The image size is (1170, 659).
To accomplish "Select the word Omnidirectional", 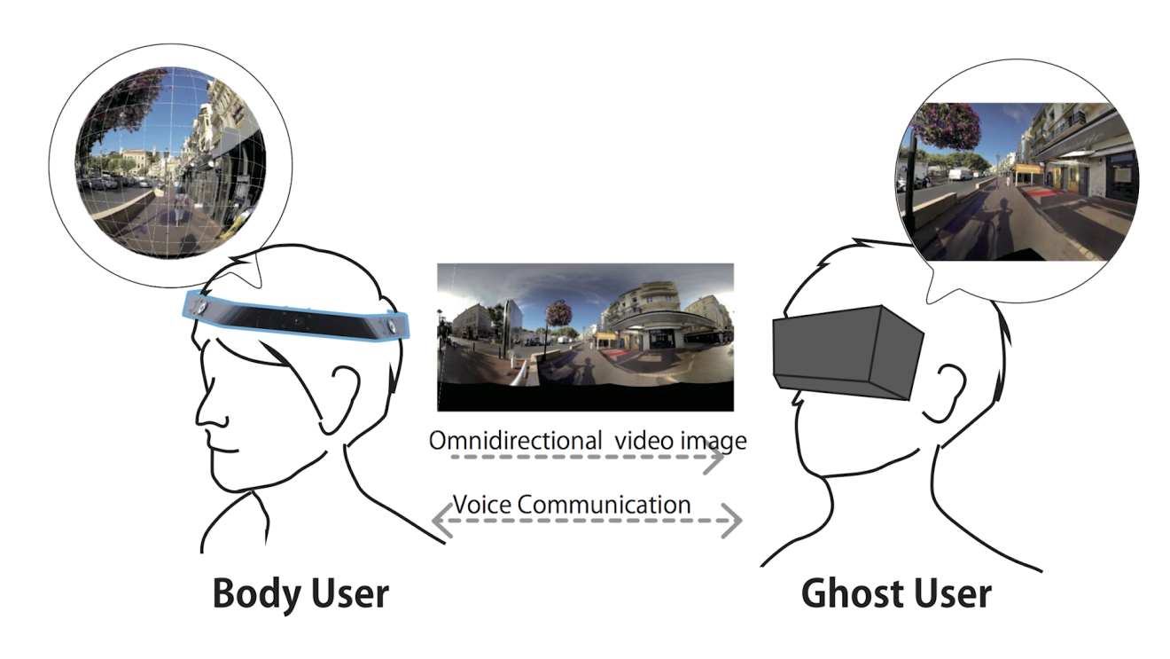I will coord(512,440).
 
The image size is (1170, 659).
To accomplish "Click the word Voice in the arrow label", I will coord(482,505).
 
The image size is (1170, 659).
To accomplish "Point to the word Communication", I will coord(604,505).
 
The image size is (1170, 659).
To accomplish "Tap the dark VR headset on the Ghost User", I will coord(846,350).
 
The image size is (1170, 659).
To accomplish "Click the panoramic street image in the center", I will coord(585,337).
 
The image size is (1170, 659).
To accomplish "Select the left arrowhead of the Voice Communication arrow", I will coord(441,522).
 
